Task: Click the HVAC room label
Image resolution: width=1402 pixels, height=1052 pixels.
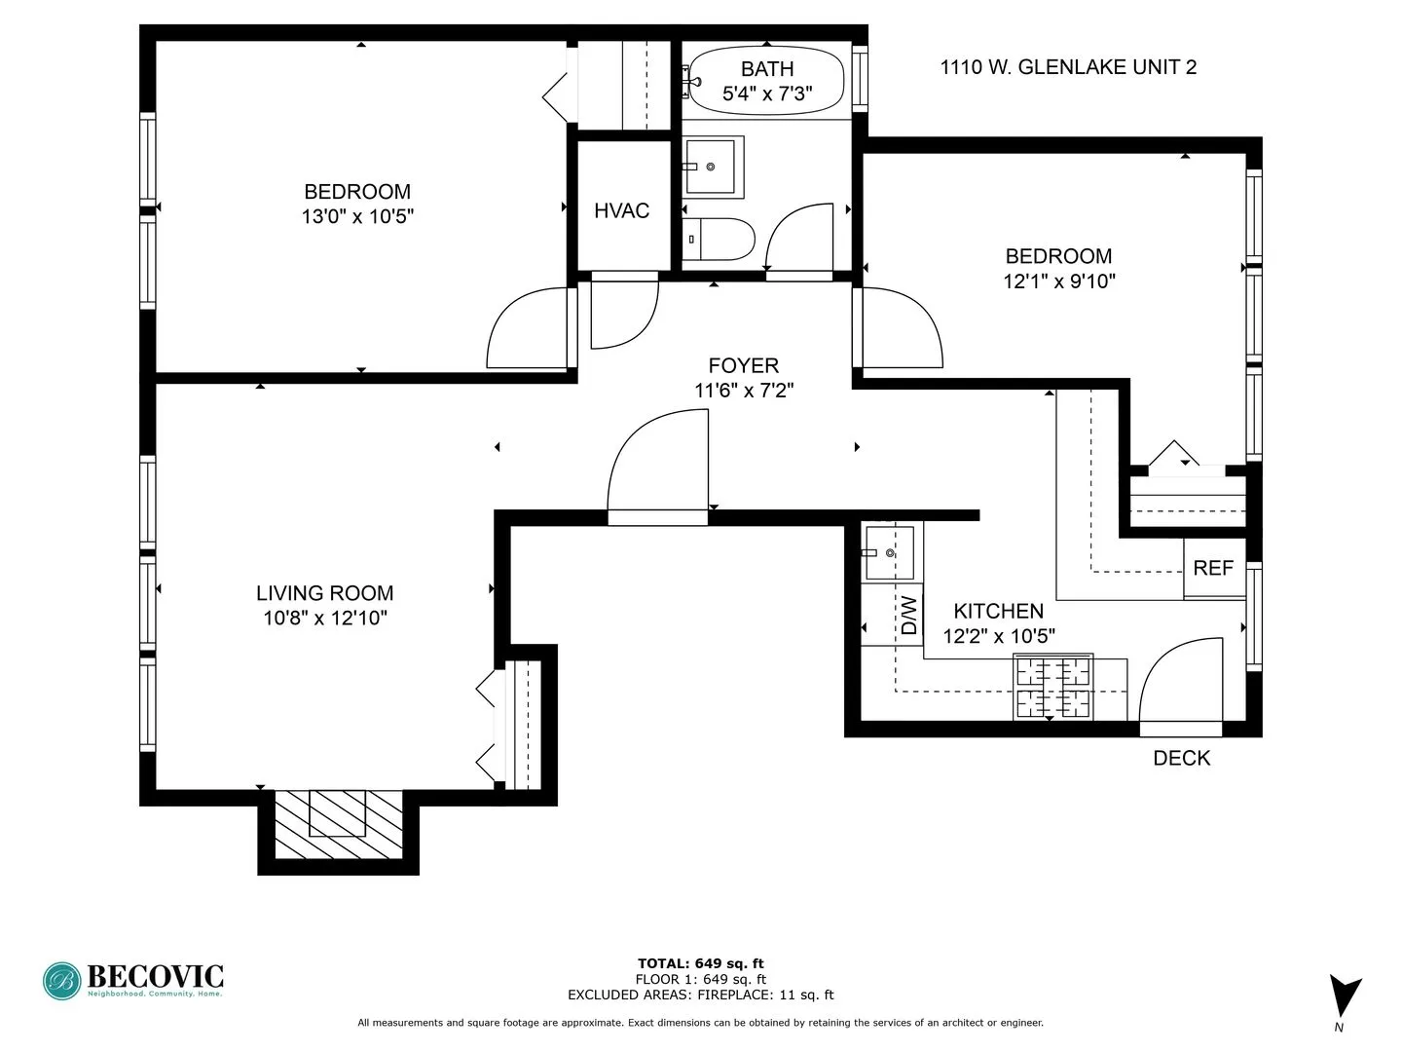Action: (621, 211)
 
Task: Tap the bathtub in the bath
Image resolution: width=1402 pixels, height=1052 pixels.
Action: (766, 81)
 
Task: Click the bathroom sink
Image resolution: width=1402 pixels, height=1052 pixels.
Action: (714, 167)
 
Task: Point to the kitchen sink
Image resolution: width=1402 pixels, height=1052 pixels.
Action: (889, 552)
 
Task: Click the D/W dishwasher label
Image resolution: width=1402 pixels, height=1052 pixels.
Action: (909, 616)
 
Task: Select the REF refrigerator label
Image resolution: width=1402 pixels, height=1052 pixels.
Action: (1213, 568)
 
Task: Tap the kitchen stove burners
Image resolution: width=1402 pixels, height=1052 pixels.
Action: (1052, 687)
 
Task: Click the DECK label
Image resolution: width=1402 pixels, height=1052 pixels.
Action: (1181, 758)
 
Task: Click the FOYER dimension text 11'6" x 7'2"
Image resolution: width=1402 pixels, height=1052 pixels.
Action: (743, 391)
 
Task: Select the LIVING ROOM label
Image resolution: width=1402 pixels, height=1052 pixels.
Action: (324, 593)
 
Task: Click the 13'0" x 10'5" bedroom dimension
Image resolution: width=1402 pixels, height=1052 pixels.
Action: (357, 216)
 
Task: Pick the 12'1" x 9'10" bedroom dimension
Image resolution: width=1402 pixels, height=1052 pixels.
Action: (1058, 282)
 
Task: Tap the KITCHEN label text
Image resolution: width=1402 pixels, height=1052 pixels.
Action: (998, 611)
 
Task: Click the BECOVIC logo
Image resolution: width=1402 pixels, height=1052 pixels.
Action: (133, 980)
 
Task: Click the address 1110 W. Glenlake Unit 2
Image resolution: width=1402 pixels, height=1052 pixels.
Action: (1068, 67)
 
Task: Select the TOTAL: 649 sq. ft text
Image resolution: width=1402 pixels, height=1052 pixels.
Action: (700, 963)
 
